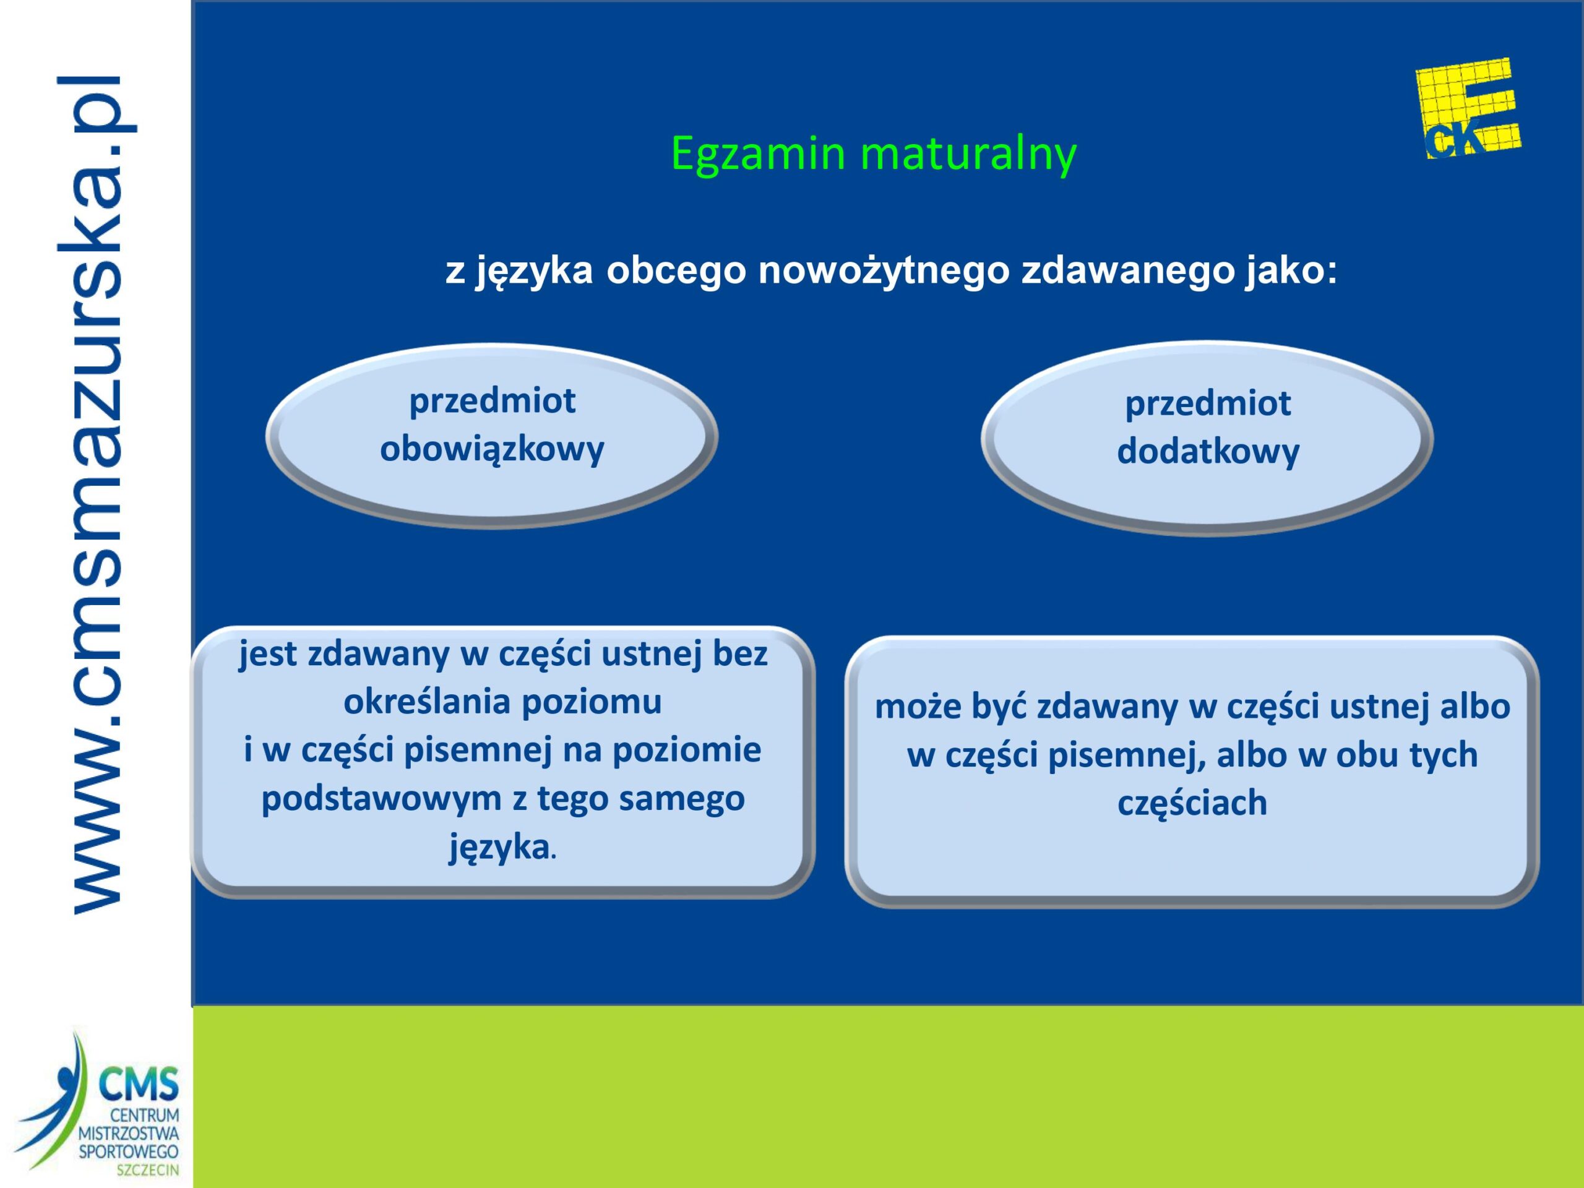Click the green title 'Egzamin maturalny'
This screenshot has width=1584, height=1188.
(x=873, y=155)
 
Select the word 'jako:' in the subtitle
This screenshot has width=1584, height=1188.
(x=1289, y=270)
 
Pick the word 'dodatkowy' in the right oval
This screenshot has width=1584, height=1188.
(x=1208, y=452)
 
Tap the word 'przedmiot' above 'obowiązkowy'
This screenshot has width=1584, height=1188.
(x=492, y=401)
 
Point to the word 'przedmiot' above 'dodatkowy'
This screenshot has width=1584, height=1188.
(x=1208, y=404)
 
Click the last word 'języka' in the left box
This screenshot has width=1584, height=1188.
(x=499, y=848)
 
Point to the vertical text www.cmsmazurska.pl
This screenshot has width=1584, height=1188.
(x=97, y=494)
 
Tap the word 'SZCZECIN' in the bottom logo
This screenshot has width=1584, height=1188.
(x=150, y=1171)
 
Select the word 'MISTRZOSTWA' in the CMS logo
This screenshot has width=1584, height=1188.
(x=129, y=1134)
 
